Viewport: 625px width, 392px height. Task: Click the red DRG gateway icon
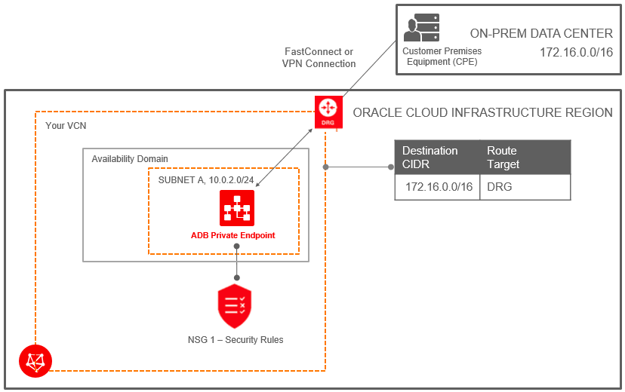click(x=328, y=111)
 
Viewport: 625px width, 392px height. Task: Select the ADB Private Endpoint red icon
click(x=237, y=208)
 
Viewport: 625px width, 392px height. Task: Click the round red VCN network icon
click(x=35, y=361)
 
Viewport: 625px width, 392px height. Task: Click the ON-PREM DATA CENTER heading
click(x=541, y=33)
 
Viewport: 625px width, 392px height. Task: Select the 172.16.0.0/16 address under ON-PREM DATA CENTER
click(x=576, y=53)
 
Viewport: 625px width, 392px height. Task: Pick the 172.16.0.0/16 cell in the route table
click(x=439, y=186)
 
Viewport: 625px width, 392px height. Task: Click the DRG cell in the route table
click(x=500, y=186)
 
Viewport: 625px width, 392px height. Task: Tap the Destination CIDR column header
click(x=430, y=157)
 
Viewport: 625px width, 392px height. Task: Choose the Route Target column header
click(x=503, y=157)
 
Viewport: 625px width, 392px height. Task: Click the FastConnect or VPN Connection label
click(x=319, y=58)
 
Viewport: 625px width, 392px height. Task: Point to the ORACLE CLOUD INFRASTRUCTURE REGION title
click(x=483, y=113)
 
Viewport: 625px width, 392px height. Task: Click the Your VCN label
click(x=66, y=126)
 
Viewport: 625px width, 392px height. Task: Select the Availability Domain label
click(x=130, y=159)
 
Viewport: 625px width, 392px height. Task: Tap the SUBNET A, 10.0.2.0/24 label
click(x=206, y=180)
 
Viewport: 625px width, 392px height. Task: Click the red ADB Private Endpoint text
click(x=232, y=235)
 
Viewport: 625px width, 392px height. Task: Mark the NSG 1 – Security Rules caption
click(x=236, y=340)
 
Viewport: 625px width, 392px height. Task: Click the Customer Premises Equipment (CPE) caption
click(x=442, y=57)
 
